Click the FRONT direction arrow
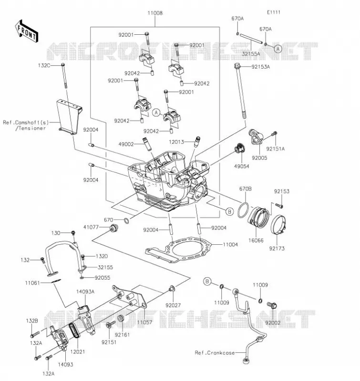(x=27, y=31)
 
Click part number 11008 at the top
(x=155, y=13)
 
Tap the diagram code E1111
(x=274, y=12)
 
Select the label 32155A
(x=251, y=54)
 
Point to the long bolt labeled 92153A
(x=240, y=90)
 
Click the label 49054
(x=242, y=166)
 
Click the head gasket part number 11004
(x=230, y=245)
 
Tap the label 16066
(x=256, y=241)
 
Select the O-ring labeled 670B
(x=243, y=210)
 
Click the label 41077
(x=91, y=227)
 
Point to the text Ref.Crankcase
(x=215, y=353)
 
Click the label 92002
(x=273, y=323)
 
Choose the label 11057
(x=144, y=322)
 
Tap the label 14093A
(x=85, y=291)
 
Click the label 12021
(x=77, y=351)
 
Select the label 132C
(x=44, y=65)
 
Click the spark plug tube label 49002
(x=126, y=144)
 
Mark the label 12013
(x=176, y=142)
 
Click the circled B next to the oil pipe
(x=207, y=281)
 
